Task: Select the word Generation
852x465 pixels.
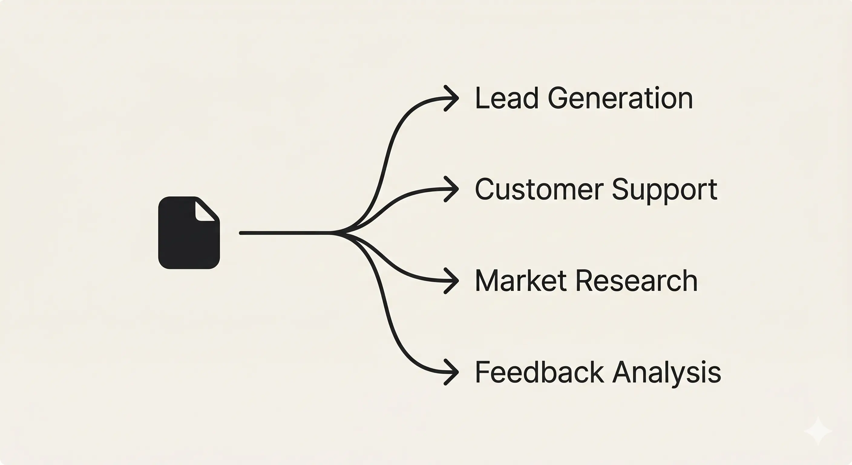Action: click(620, 98)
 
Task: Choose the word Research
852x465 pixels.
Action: click(636, 281)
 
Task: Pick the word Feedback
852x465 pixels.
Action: click(539, 372)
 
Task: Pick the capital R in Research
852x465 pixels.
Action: click(586, 281)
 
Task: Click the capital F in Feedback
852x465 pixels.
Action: click(483, 372)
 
